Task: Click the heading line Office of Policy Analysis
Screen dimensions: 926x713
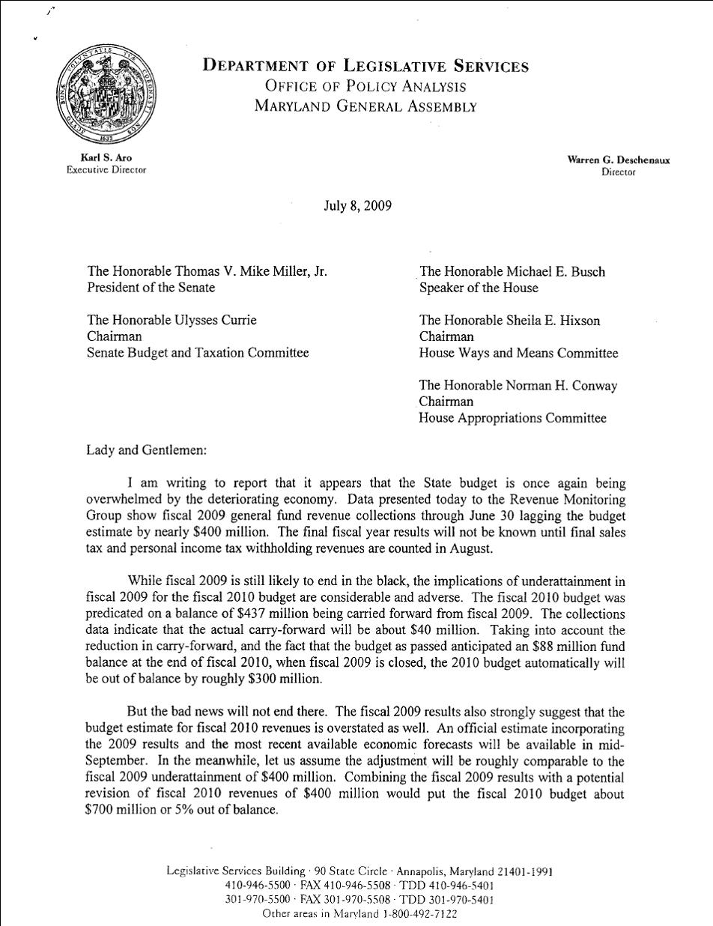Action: tap(365, 86)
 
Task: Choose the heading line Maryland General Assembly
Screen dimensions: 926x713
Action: tap(365, 106)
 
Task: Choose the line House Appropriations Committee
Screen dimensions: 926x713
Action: tap(512, 419)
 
